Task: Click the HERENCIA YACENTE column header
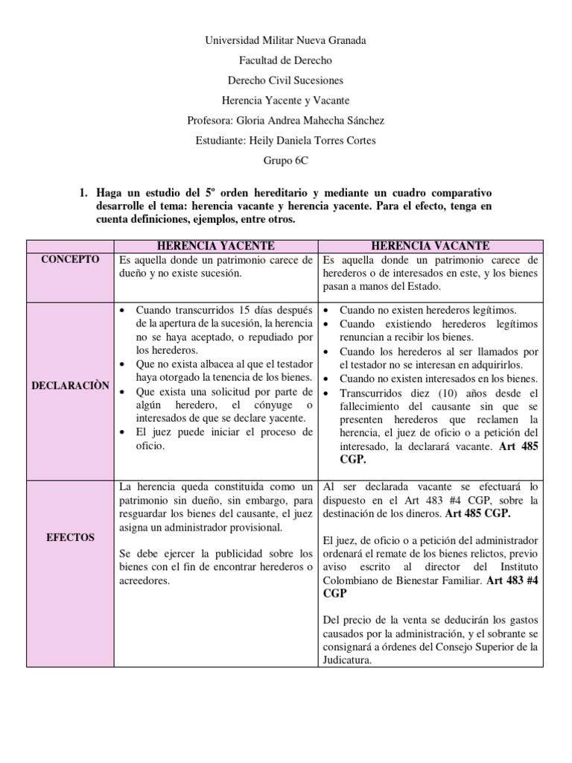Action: coord(216,245)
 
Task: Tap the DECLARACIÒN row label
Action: coord(69,385)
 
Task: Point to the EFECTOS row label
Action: coord(69,536)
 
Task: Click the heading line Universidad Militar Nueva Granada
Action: coord(285,41)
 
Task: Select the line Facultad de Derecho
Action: coord(285,60)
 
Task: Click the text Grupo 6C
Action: coord(285,159)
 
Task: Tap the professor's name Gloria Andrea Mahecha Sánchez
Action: coord(321,120)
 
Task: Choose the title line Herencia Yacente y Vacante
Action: coord(285,100)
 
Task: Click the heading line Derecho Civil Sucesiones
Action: coord(285,80)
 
